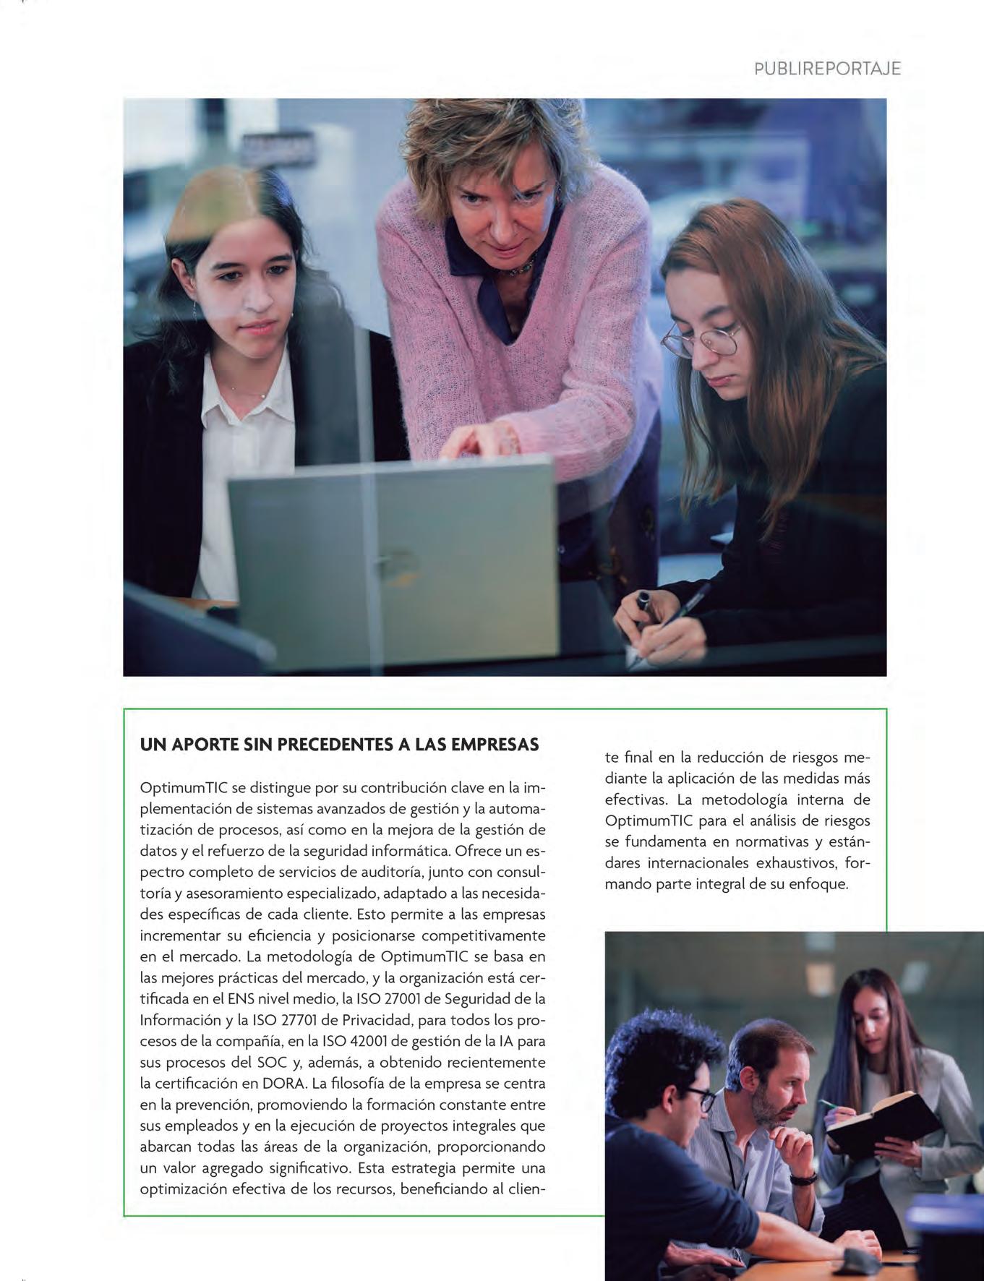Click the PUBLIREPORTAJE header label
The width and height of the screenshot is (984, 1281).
coord(827,69)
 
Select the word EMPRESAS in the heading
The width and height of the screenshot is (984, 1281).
coord(495,745)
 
